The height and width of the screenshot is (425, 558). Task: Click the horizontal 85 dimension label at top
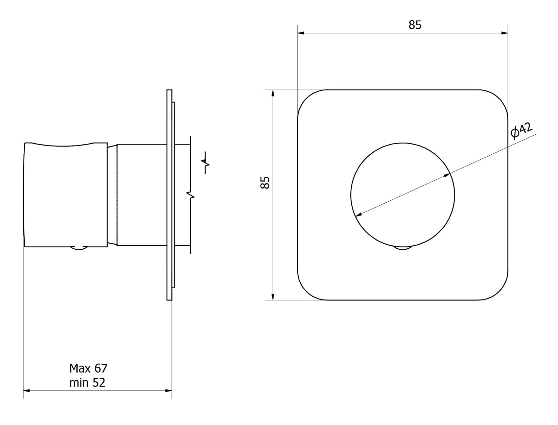point(415,25)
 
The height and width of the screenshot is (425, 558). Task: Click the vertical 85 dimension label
point(265,182)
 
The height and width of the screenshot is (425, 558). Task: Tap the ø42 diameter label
point(521,131)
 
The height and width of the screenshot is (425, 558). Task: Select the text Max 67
point(89,368)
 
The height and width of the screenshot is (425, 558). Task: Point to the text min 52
point(87,382)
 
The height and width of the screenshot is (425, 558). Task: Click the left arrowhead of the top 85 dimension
point(301,33)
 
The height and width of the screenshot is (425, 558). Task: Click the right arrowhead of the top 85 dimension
point(504,33)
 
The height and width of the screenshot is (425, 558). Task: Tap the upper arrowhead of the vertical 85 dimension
point(273,93)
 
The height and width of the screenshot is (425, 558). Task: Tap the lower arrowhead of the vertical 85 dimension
point(273,296)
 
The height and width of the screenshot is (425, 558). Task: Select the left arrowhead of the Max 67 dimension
point(27,398)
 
